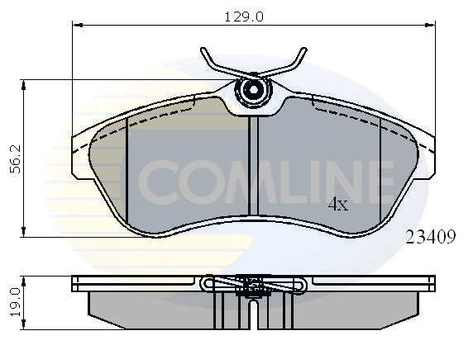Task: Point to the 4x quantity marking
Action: coord(337,203)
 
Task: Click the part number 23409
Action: coord(431,238)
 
